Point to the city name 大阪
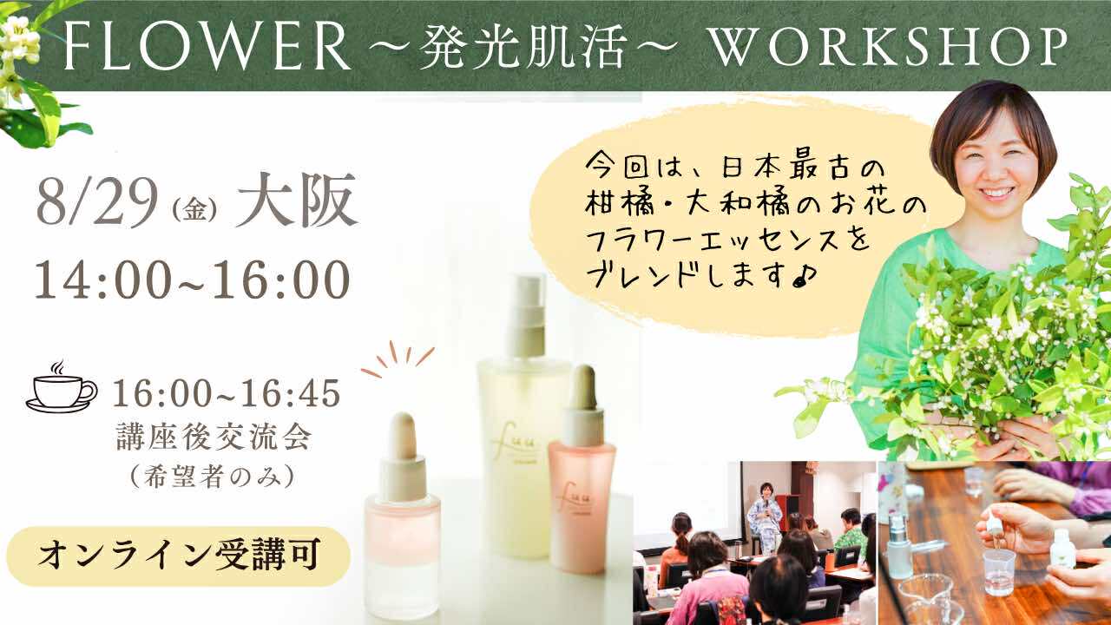tap(297, 201)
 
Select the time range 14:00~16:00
tap(193, 280)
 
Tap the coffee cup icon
tap(61, 387)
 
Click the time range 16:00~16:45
tap(227, 393)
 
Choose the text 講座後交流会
tap(214, 437)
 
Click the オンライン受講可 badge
tap(178, 556)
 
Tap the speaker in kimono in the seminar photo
tap(765, 516)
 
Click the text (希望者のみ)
tap(214, 477)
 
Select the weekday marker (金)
tap(195, 212)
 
